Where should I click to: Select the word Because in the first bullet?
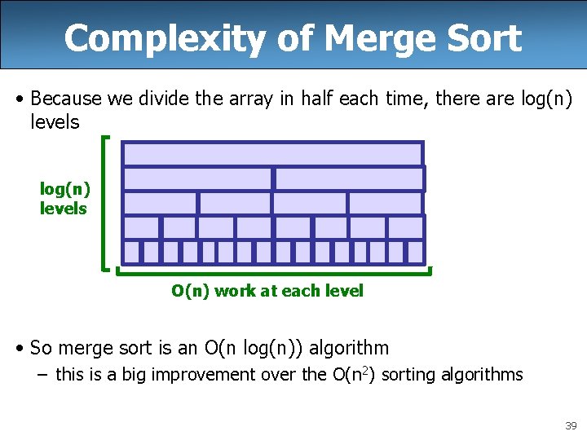point(65,99)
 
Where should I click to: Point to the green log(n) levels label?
point(64,199)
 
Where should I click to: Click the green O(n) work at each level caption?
point(267,291)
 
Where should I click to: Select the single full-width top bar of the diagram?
point(272,154)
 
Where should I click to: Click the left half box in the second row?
point(197,178)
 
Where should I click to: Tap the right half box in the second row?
point(348,178)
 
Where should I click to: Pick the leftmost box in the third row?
point(160,203)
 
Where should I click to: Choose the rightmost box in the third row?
point(385,203)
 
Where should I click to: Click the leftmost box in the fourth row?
point(141,227)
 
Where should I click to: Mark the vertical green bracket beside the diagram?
point(105,203)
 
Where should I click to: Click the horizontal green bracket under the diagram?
point(273,270)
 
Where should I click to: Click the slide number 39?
point(571,426)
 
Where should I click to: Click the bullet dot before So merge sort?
point(19,349)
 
